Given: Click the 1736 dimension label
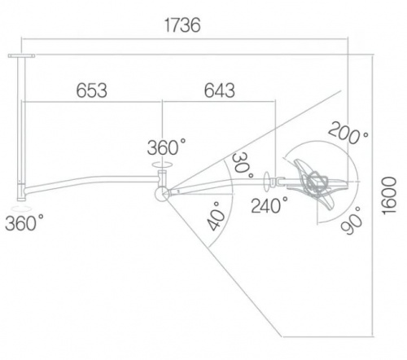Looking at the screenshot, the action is coord(182,25).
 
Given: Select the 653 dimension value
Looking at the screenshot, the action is coord(92,90).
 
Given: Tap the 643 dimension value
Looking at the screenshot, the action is coord(220,90).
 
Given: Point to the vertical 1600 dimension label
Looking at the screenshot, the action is coord(389,195).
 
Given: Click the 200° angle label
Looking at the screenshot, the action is coord(348,133).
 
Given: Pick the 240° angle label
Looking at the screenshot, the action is coord(269,205).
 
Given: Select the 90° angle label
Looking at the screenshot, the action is coord(352,221).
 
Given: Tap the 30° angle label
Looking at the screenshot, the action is coord(243,165).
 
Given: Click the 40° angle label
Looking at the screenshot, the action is coord(216,217).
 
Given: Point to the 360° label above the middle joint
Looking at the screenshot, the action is coord(167,147).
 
